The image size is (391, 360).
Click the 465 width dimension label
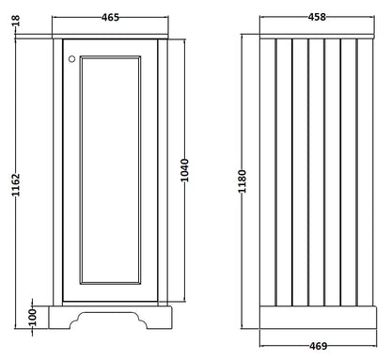110,17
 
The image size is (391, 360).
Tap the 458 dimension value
317,17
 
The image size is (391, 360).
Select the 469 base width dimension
318,346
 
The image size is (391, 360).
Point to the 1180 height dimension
242,181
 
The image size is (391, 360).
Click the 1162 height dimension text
16,185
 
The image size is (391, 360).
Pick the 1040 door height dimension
185,170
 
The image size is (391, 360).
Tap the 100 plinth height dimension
33,318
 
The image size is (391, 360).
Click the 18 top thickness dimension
16,21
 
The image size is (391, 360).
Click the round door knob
71,59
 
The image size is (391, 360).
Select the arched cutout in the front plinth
108,314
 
